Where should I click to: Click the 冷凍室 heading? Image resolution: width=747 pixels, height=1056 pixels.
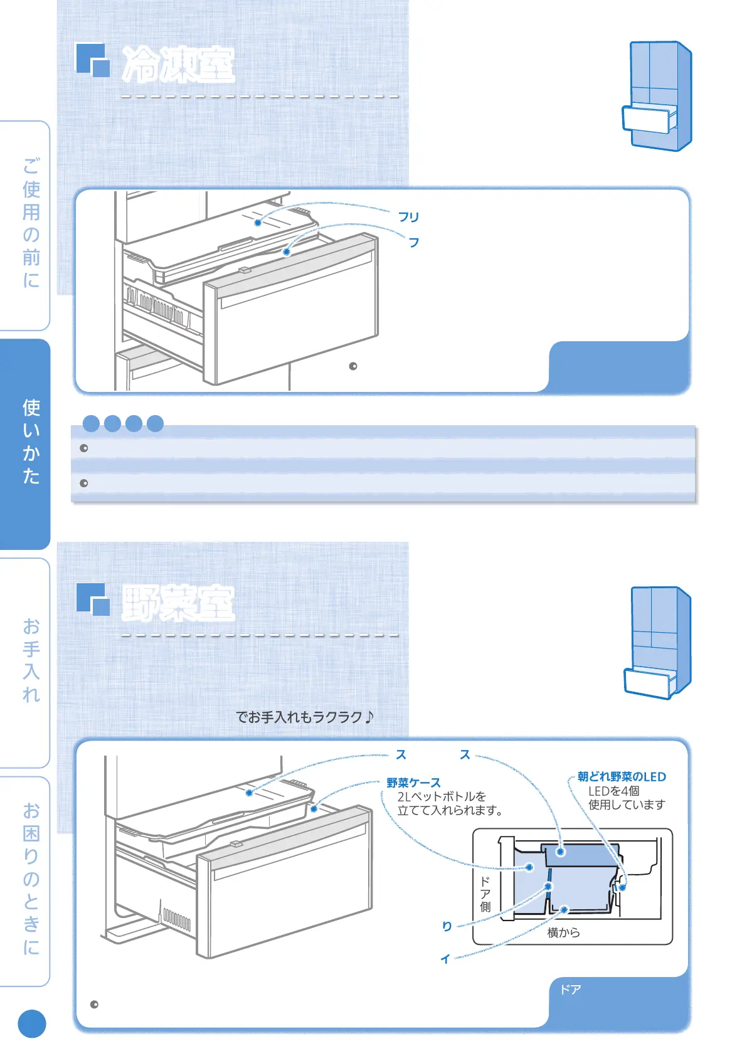[178, 65]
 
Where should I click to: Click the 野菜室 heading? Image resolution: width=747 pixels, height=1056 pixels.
[178, 603]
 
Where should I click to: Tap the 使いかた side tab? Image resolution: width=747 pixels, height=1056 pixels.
[31, 442]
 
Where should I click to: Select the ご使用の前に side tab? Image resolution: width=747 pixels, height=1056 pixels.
[31, 223]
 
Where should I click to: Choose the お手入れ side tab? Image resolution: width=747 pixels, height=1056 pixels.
[31, 661]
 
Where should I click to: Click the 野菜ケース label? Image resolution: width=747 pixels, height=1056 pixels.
[413, 783]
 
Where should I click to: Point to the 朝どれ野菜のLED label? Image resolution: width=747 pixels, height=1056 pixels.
[622, 777]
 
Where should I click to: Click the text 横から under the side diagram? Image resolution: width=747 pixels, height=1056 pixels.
[563, 932]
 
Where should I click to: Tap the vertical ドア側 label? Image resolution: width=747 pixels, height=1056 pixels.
[485, 894]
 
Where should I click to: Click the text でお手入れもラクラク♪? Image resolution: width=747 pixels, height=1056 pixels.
[305, 717]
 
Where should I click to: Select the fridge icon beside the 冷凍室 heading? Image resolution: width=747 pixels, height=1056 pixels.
[658, 95]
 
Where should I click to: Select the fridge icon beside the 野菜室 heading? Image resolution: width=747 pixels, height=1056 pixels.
[658, 642]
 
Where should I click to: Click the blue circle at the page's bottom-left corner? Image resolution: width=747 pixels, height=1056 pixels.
[32, 1024]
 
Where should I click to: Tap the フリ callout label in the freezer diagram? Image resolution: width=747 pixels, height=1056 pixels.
[408, 217]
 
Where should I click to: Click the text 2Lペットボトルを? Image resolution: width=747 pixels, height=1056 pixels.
[442, 796]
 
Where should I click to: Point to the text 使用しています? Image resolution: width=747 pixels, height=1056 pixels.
[626, 805]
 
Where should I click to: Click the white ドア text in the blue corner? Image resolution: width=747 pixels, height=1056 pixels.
[570, 990]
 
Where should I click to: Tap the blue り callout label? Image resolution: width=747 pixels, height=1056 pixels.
[447, 926]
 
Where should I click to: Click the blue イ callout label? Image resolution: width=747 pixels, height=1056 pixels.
[445, 959]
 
